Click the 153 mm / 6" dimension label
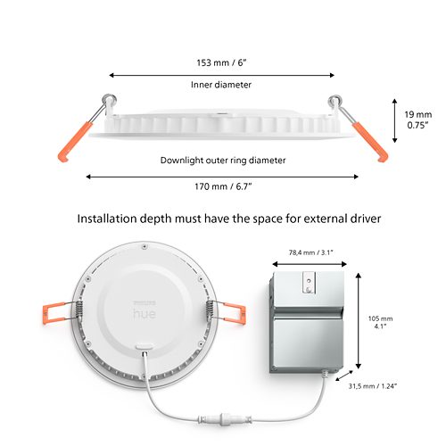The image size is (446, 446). click(x=222, y=62)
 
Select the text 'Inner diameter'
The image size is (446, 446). click(x=221, y=85)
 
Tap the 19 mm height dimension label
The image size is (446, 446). click(x=418, y=120)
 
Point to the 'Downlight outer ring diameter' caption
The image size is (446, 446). click(x=223, y=161)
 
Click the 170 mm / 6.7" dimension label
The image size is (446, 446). click(x=223, y=186)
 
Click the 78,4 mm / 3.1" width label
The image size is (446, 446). click(x=310, y=252)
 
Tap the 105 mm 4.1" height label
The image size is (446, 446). click(x=380, y=322)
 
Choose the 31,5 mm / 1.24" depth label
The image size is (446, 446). click(x=373, y=386)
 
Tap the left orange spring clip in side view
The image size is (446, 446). click(x=76, y=142)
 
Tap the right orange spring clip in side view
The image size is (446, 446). click(x=369, y=142)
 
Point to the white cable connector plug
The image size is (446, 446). click(x=225, y=419)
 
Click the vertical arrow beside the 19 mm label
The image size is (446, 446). click(x=395, y=120)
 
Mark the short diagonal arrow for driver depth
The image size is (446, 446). click(x=344, y=376)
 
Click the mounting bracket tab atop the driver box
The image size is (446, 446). click(x=309, y=283)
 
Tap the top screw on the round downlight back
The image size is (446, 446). click(x=145, y=246)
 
